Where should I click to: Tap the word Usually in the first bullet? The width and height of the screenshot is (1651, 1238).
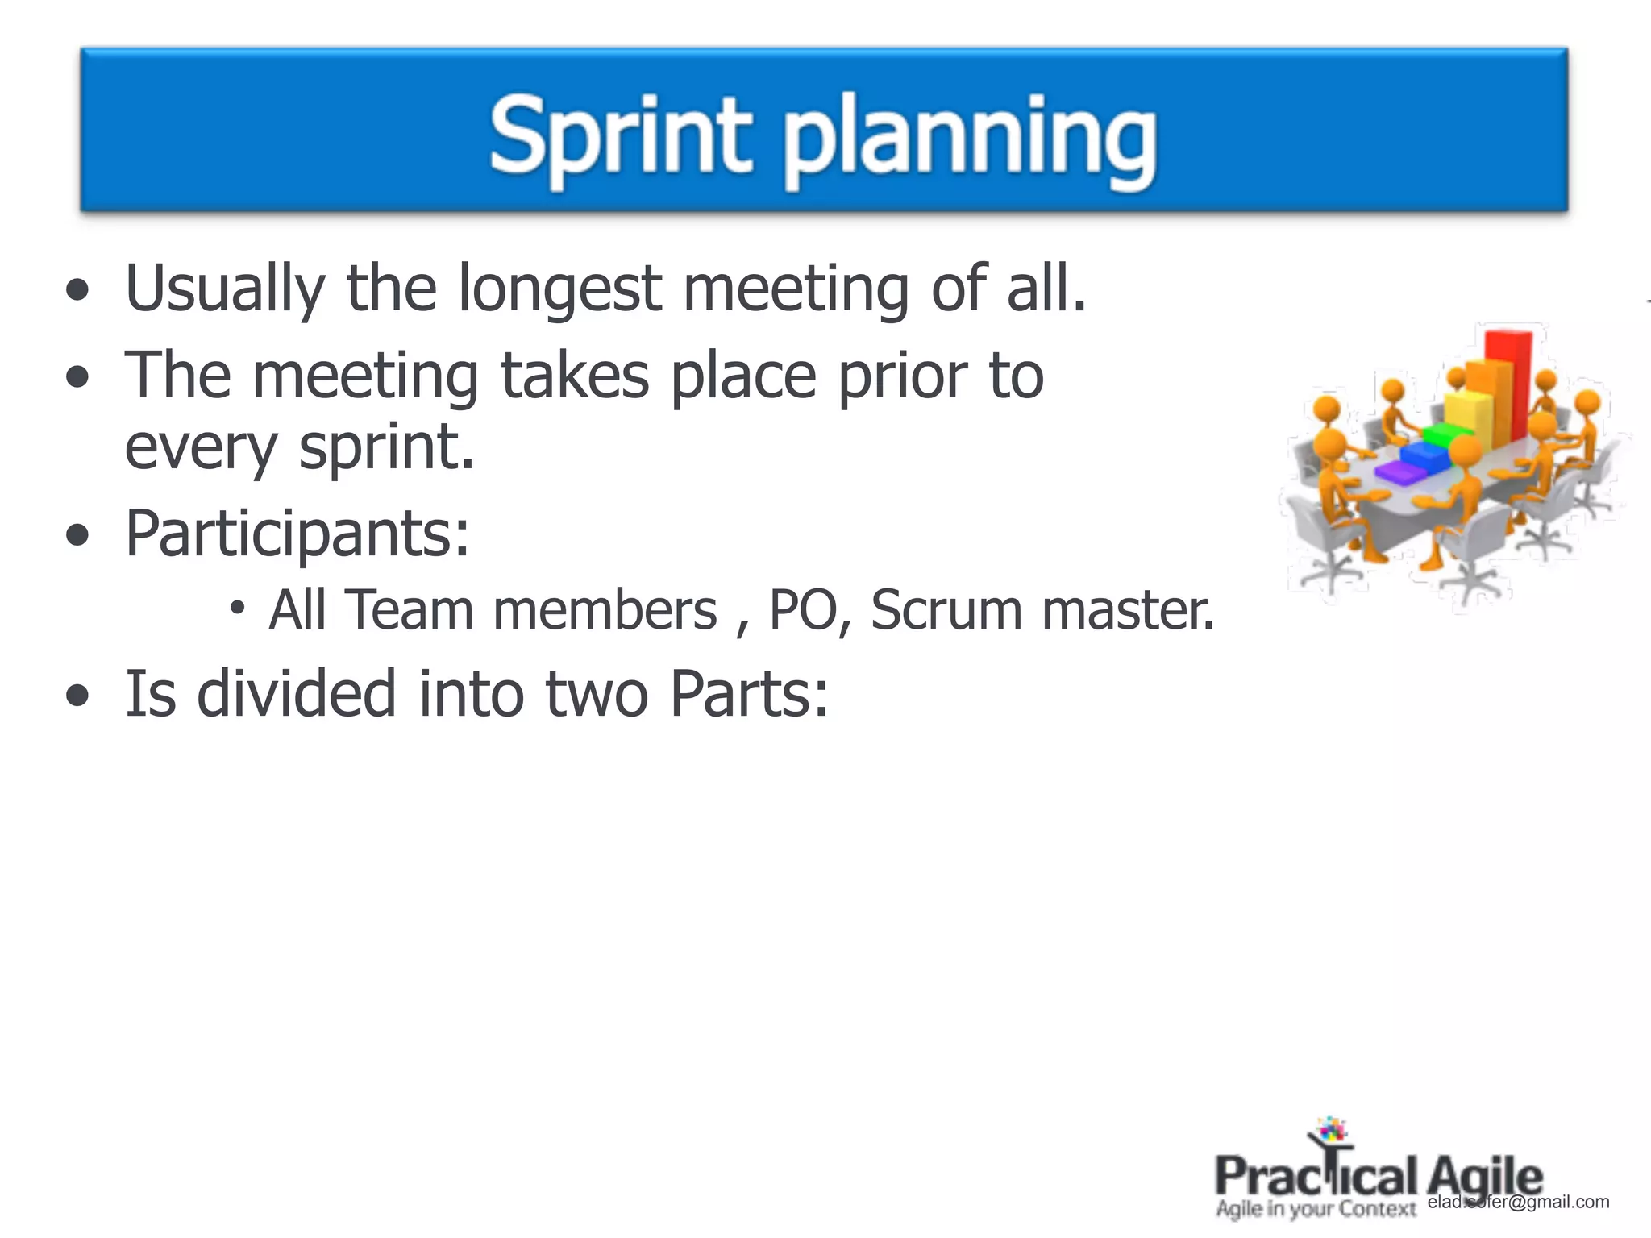[x=225, y=289]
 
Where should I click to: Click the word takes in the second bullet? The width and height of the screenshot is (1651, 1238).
[x=574, y=376]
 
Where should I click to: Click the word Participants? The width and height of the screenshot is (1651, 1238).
[x=297, y=534]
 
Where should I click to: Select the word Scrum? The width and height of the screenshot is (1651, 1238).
[x=946, y=610]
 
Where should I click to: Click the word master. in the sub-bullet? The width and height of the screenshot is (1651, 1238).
[x=1127, y=610]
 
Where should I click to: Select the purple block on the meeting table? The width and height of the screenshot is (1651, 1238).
[x=1400, y=474]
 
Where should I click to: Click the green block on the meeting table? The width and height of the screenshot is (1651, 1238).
[x=1445, y=436]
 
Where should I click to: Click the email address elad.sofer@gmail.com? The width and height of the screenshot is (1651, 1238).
[x=1518, y=1202]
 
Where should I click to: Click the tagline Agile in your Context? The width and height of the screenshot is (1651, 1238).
[x=1315, y=1209]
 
